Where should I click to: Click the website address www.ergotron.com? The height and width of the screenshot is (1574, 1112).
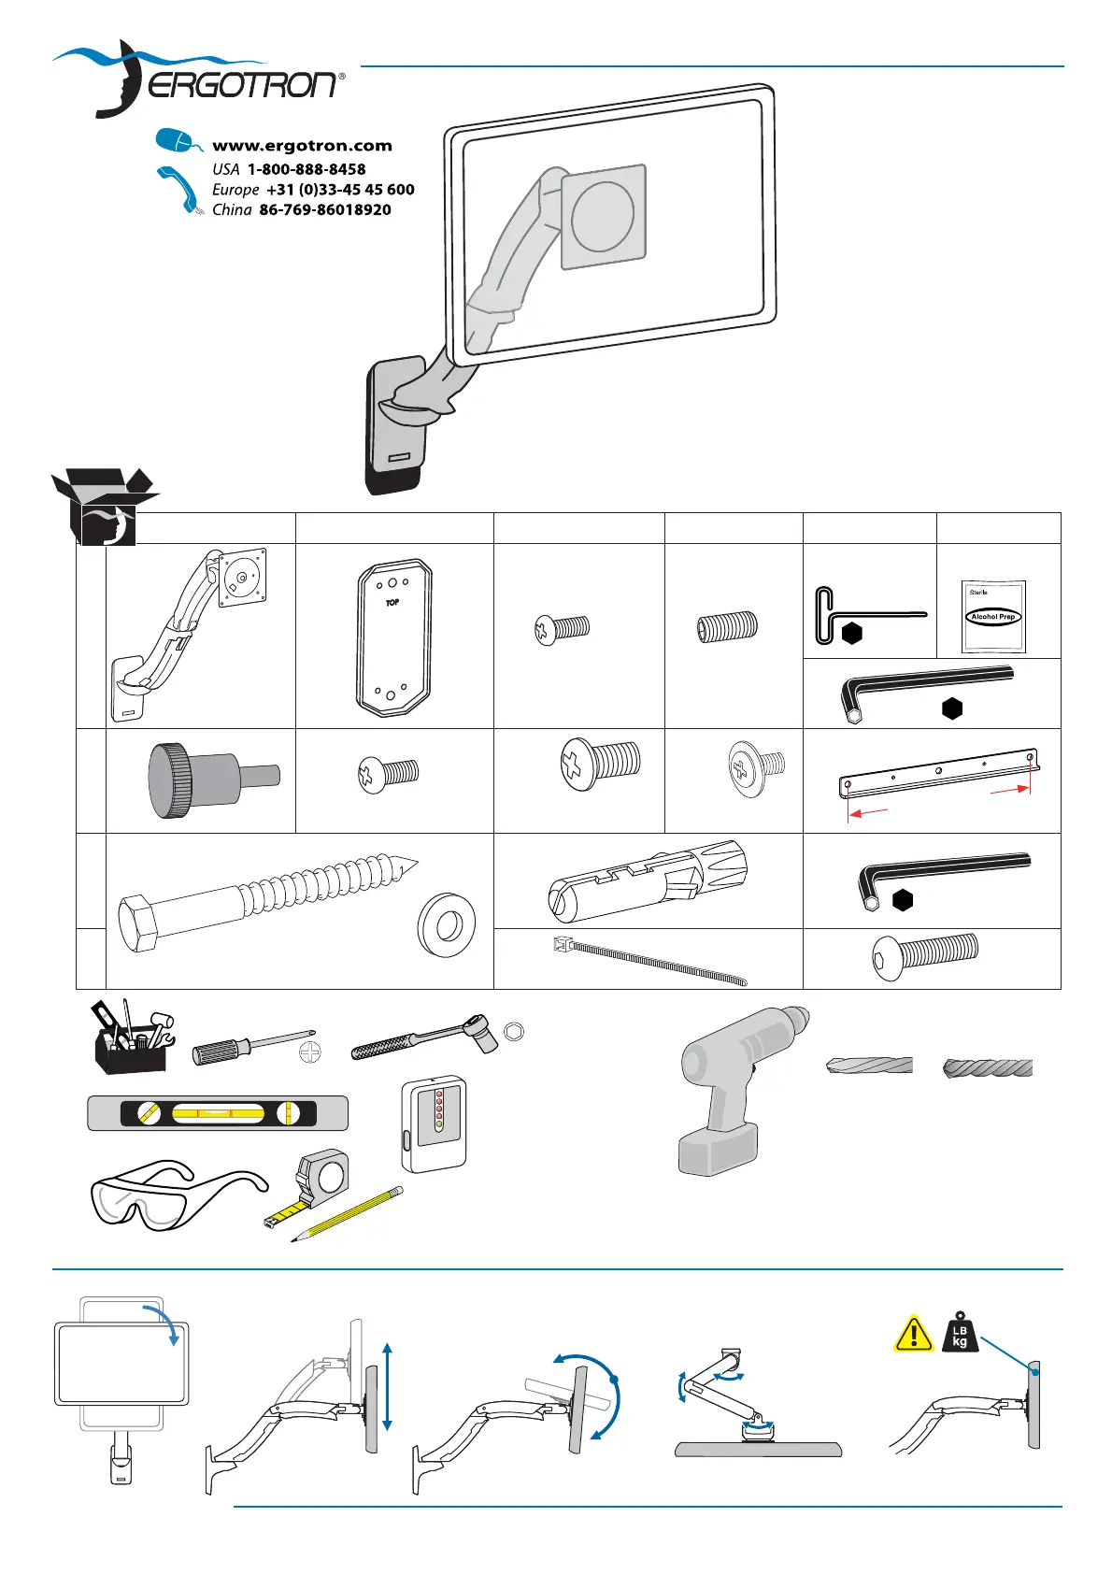point(302,146)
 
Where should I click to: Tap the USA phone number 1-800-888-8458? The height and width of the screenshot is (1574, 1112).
point(306,169)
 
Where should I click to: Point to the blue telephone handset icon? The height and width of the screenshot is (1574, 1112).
point(178,188)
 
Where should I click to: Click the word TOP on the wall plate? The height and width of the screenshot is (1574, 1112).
point(392,603)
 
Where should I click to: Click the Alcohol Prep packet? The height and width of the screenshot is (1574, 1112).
point(993,616)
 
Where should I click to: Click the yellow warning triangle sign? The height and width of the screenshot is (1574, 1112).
point(913,1334)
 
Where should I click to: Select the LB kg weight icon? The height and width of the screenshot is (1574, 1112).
point(959,1331)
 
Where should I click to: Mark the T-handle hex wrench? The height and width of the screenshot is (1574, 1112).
point(860,616)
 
